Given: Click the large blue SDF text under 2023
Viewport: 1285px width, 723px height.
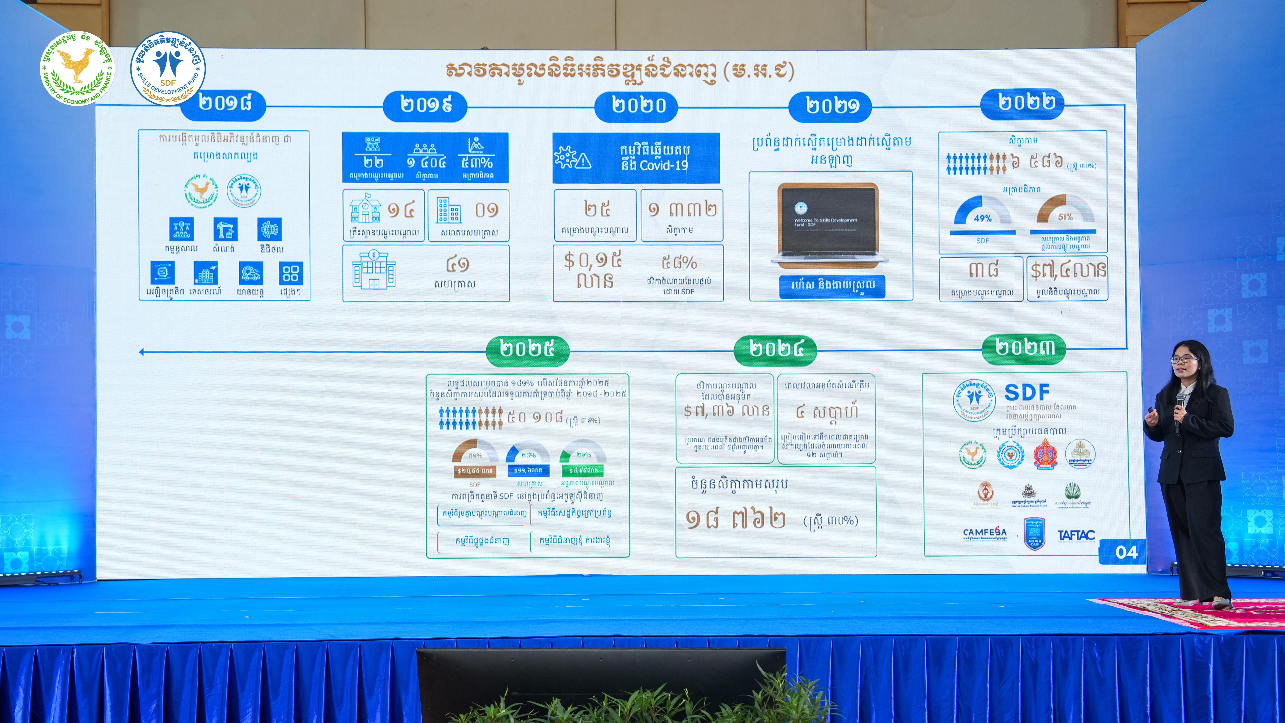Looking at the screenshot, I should (x=1027, y=393).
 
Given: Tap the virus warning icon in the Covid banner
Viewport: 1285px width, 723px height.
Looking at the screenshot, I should (x=572, y=158).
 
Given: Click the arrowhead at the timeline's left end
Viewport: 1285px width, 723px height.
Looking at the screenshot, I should (x=142, y=352).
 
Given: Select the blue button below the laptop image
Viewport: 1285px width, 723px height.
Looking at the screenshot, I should (x=832, y=286).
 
